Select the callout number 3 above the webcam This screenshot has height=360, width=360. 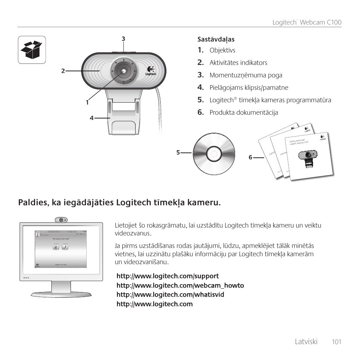coord(123,38)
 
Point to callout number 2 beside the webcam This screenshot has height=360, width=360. coord(63,70)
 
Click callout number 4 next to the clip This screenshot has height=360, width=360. coord(91,118)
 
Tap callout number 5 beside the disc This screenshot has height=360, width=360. coord(178,152)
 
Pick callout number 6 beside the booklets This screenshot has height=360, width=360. coord(250,157)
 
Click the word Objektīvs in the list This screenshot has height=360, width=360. coord(222,50)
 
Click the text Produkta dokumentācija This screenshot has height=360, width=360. coord(244,112)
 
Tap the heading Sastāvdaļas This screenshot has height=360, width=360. coord(216,39)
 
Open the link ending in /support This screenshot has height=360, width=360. coord(168,276)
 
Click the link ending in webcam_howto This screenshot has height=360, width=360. coord(180,285)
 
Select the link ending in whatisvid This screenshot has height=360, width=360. coord(170,294)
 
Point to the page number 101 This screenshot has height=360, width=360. coord(337,342)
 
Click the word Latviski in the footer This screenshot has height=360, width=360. coord(306,342)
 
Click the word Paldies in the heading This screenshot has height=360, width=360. coord(32,203)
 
